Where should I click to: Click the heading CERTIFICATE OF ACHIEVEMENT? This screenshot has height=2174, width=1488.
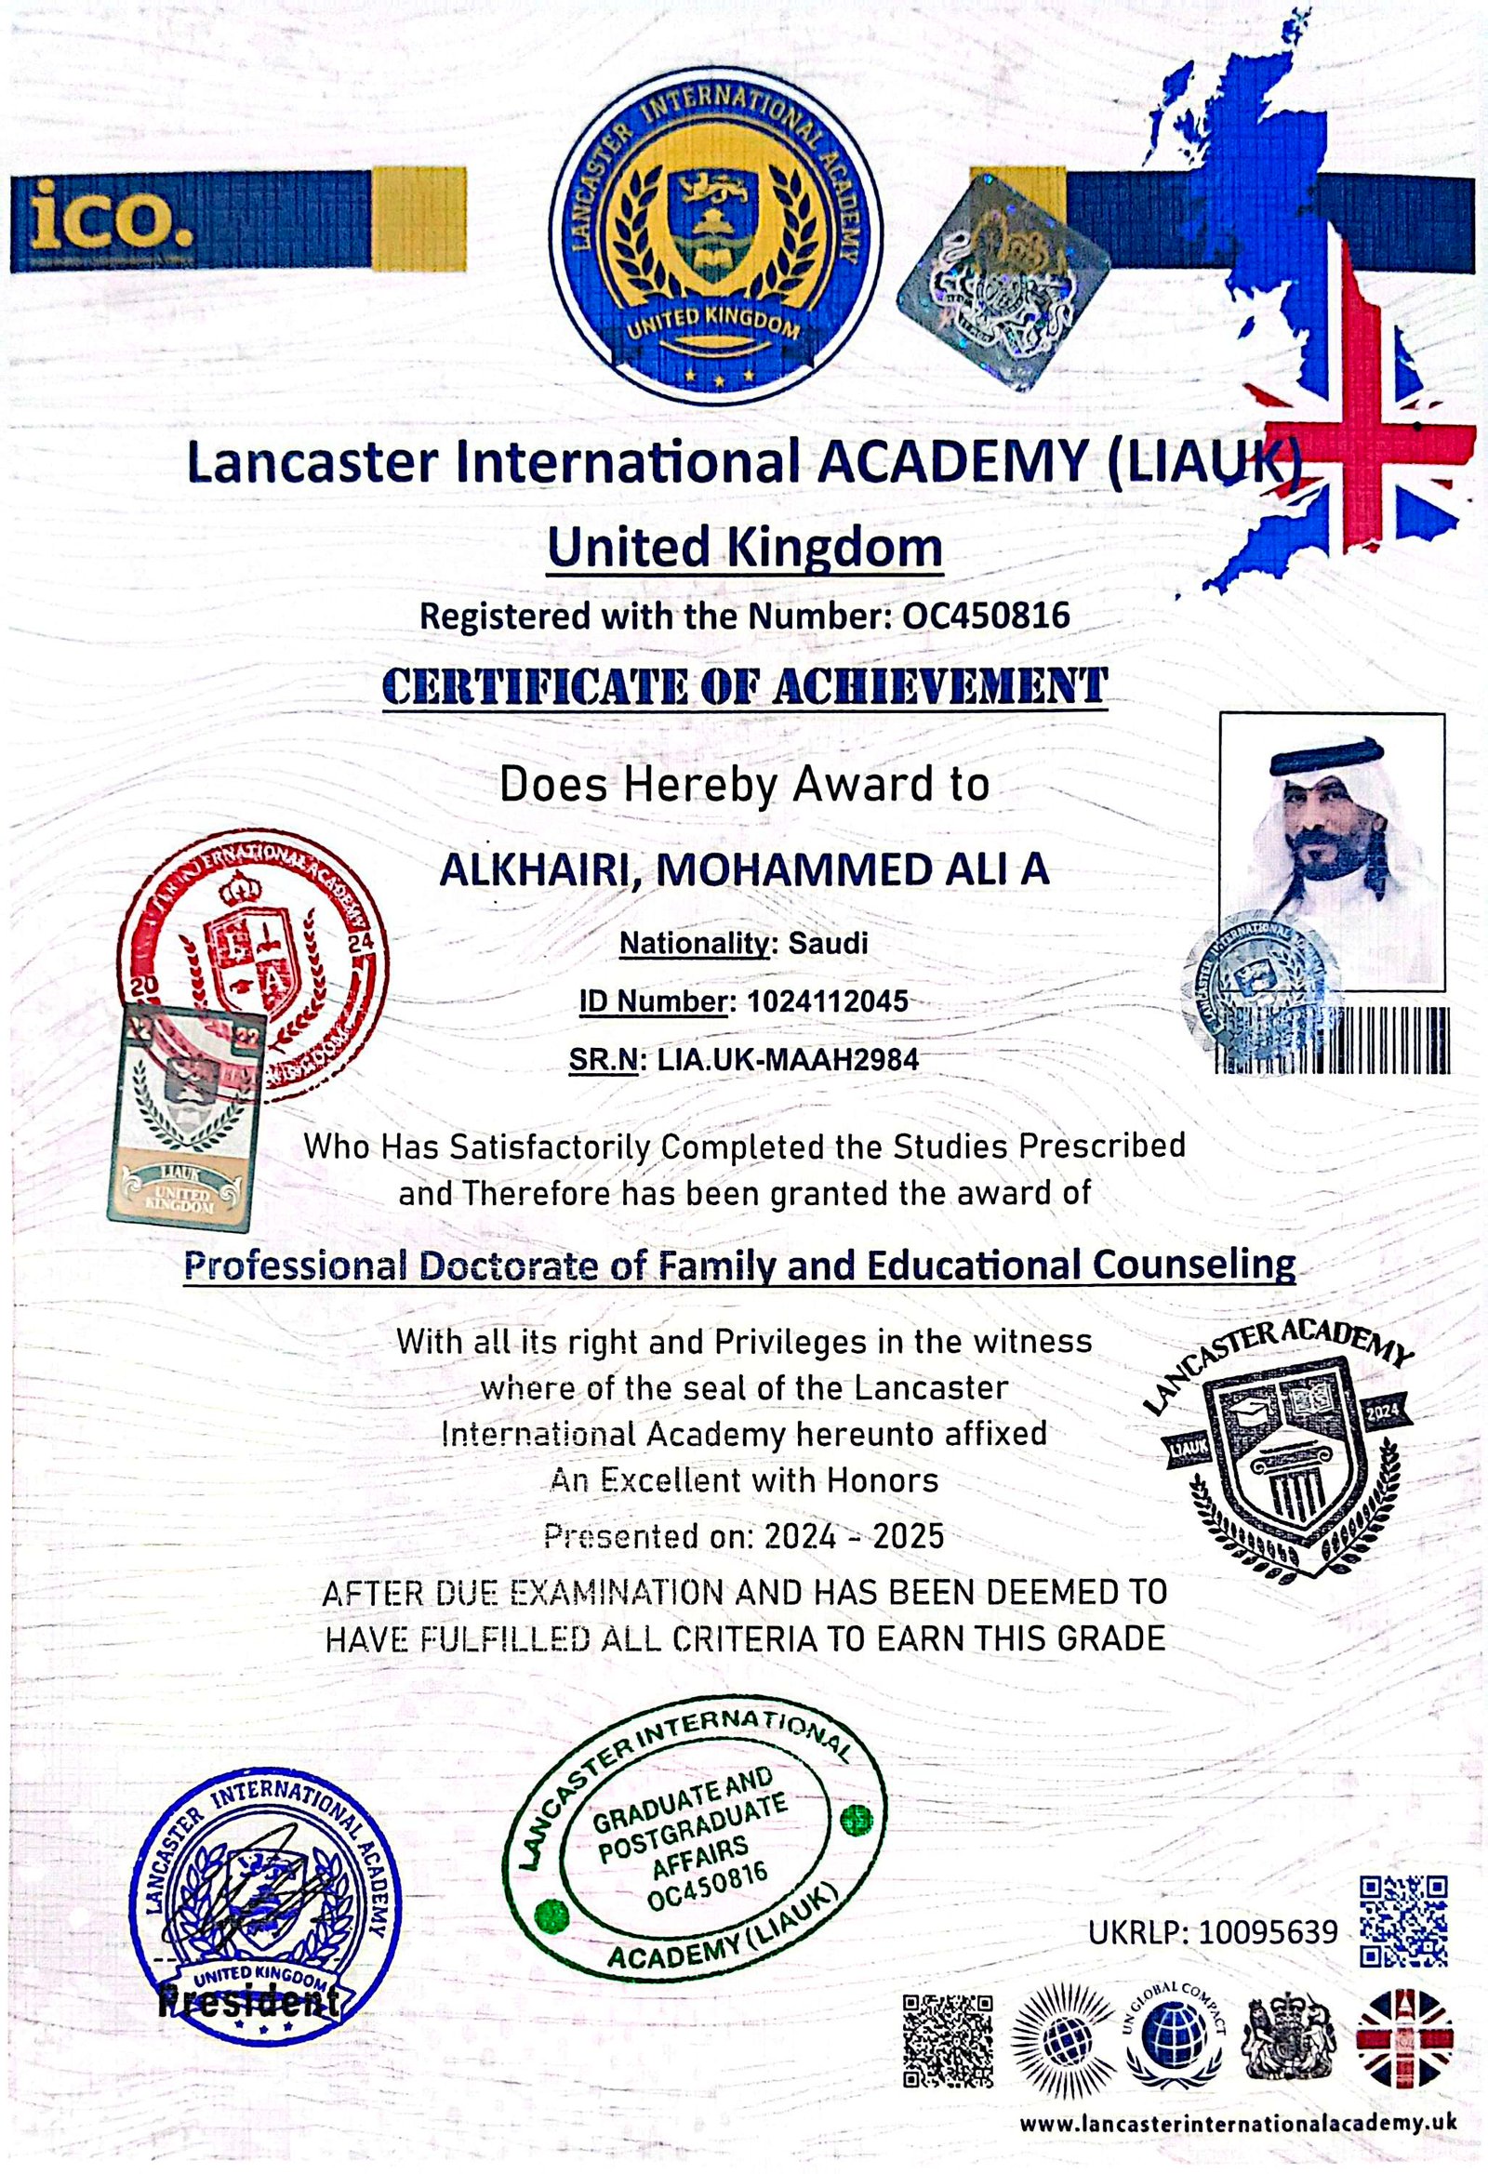click(x=745, y=686)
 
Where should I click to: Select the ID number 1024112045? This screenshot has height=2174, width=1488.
click(x=828, y=1001)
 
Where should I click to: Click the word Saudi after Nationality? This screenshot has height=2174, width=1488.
click(x=828, y=943)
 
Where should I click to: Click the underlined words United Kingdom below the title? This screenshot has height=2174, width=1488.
click(x=745, y=549)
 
